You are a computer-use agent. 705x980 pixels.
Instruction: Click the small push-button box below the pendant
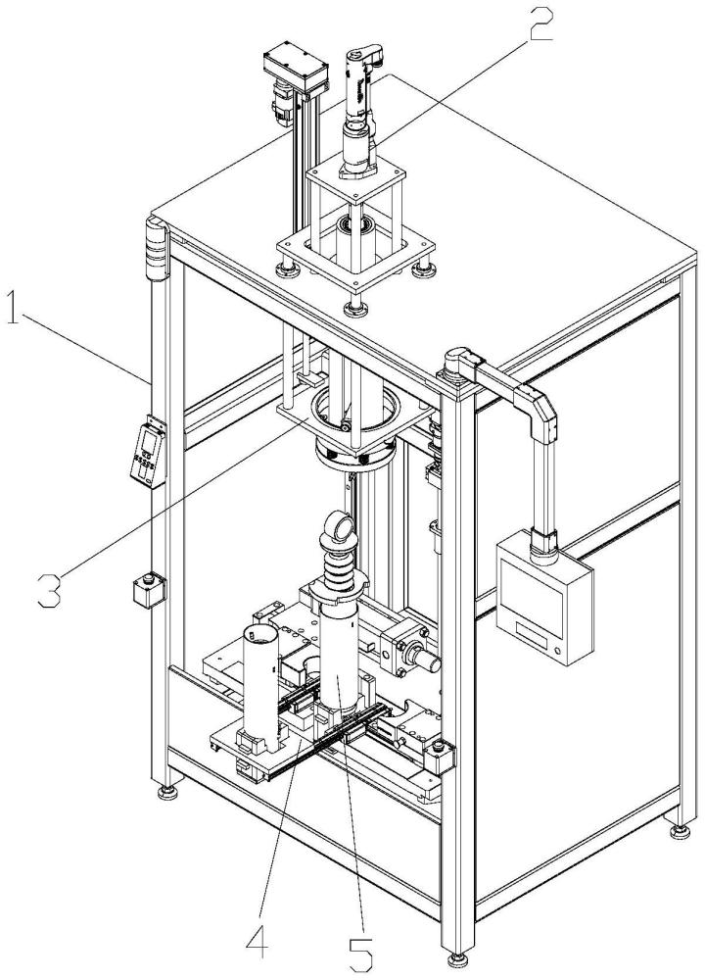click(x=149, y=589)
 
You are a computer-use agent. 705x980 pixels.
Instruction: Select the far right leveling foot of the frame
click(x=680, y=830)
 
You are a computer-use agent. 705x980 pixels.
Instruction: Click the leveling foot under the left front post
click(x=167, y=793)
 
